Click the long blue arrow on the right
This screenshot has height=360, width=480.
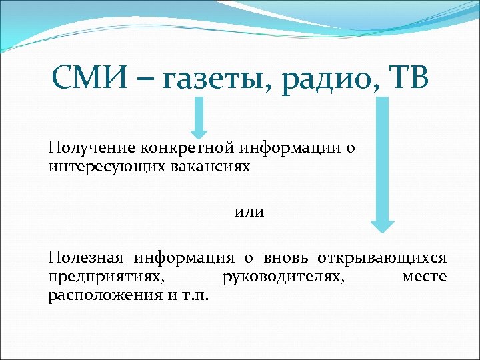383,163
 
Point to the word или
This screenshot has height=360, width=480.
249,211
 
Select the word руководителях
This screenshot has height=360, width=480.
283,276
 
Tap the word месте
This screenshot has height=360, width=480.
425,276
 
